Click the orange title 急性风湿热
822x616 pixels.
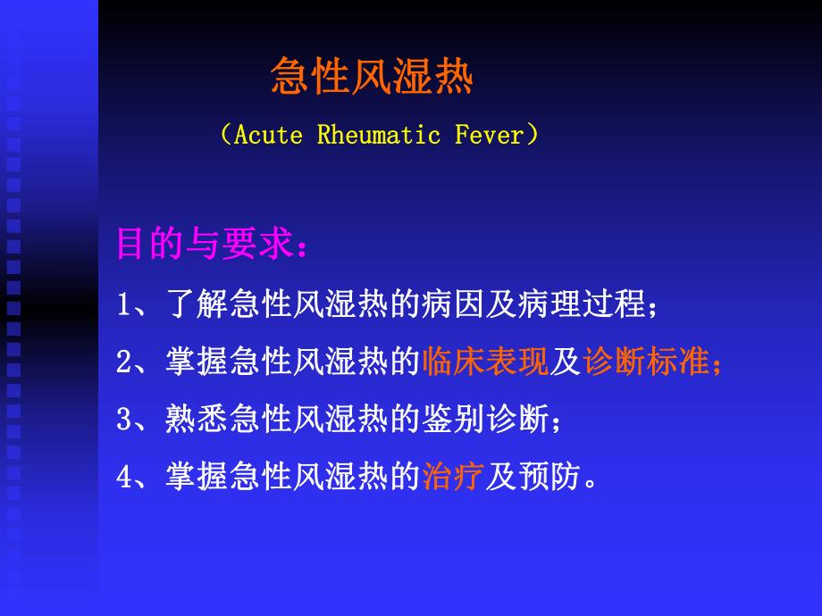point(372,79)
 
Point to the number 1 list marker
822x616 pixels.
point(124,305)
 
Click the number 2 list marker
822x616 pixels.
point(124,362)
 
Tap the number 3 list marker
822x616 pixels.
point(124,420)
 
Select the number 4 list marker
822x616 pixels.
point(124,477)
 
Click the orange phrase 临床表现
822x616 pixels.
point(484,362)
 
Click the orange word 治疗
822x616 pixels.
point(452,477)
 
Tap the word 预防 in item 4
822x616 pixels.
point(549,477)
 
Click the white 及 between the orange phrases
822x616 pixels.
point(566,362)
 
